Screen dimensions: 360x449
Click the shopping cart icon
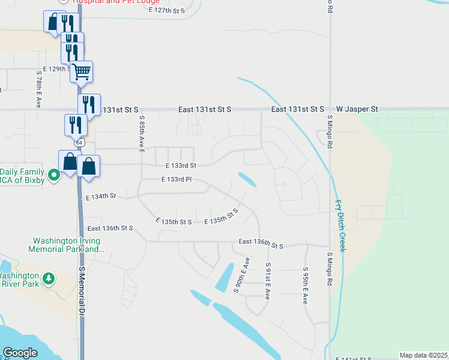coord(81,71)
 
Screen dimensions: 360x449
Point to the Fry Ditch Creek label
coord(340,226)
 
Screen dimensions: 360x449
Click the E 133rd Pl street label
coord(176,179)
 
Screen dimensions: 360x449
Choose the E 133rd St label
coord(181,165)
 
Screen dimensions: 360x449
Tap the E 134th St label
coord(100,196)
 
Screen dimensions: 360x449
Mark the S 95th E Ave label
coord(306,286)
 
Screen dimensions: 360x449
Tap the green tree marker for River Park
coord(48,279)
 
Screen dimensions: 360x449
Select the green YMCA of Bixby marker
coord(54,175)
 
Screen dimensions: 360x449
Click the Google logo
coord(20,353)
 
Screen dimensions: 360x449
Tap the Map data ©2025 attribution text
coord(423,355)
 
